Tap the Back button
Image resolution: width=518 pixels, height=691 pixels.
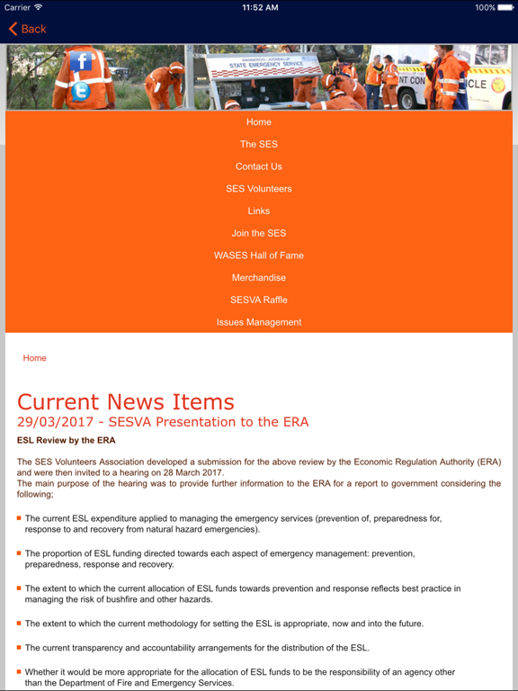[x=27, y=29]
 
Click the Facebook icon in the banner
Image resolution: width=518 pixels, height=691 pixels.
[x=81, y=61]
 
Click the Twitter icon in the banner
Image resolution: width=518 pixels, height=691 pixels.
[x=80, y=91]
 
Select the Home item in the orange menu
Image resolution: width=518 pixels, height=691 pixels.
[x=259, y=122]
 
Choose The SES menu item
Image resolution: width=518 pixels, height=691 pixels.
[x=259, y=144]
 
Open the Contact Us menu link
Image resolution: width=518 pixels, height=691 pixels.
[x=259, y=166]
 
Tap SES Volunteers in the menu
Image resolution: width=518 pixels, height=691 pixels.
[x=259, y=189]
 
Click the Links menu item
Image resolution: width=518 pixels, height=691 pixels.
[x=259, y=211]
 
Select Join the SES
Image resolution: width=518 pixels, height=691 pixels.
[x=259, y=233]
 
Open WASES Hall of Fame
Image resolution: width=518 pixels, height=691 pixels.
[x=259, y=256]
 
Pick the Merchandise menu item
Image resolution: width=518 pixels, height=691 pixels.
[x=259, y=278]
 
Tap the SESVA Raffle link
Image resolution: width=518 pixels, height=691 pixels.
[x=259, y=300]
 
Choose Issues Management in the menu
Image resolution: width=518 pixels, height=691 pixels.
[x=259, y=322]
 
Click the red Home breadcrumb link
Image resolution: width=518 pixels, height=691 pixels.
[x=34, y=358]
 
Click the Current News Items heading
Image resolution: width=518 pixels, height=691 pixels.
[x=126, y=401]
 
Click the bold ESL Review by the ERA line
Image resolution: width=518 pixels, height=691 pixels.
[x=66, y=441]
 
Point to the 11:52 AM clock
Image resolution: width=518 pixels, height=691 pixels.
[x=259, y=7]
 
